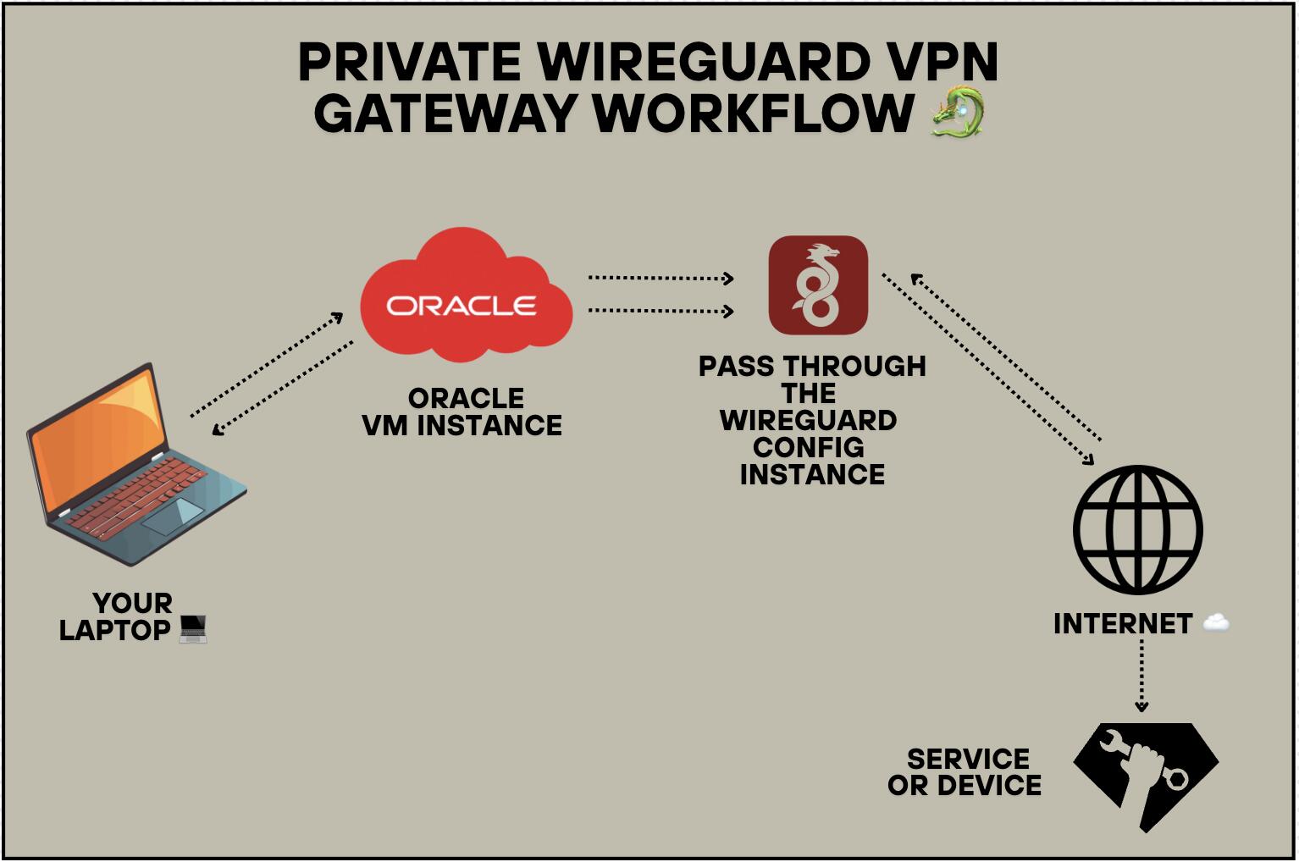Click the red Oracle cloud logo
click(x=467, y=295)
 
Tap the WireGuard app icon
click(x=818, y=285)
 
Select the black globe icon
click(x=1138, y=530)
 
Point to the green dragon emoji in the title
click(x=958, y=111)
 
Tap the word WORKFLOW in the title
click(x=754, y=113)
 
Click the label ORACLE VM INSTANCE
click(x=462, y=412)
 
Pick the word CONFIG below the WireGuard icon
click(x=809, y=448)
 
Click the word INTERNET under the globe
click(x=1123, y=624)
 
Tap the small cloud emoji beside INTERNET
click(x=1215, y=622)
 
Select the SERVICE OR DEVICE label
click(x=965, y=772)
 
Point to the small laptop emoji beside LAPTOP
click(x=193, y=629)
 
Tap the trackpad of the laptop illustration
click(x=173, y=516)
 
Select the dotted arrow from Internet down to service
click(x=1141, y=676)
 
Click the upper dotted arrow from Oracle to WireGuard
click(x=661, y=279)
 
